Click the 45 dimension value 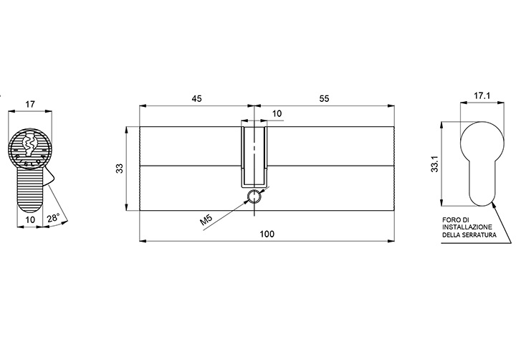[196, 98]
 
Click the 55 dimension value [324, 98]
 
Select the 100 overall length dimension [267, 234]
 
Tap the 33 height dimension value [120, 169]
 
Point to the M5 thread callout [206, 219]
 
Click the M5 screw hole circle [254, 196]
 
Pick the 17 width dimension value [30, 105]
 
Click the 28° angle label [53, 218]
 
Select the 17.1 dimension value [482, 95]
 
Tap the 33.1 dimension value [435, 164]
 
